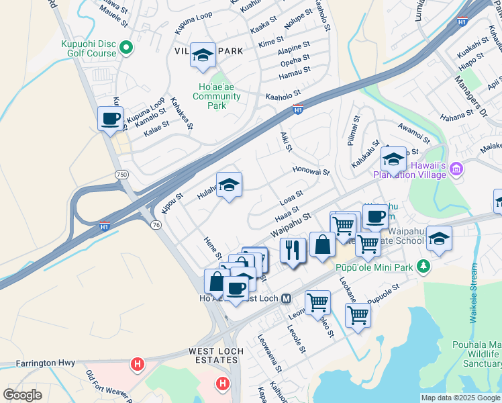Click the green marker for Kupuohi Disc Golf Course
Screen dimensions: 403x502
point(125,47)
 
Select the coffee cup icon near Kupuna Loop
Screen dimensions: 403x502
point(111,120)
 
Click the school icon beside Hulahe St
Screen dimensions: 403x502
point(229,185)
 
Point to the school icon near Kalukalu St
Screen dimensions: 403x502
point(393,160)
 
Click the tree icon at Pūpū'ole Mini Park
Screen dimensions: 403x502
point(423,267)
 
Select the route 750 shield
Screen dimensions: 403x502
point(121,173)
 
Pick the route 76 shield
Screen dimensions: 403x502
point(156,225)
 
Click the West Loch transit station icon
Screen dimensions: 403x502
point(286,298)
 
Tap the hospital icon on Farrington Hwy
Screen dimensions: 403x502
point(138,365)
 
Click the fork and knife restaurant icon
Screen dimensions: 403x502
point(293,251)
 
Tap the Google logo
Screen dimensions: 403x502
point(22,394)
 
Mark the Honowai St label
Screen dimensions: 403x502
point(311,171)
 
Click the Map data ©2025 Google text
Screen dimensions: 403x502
point(460,398)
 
